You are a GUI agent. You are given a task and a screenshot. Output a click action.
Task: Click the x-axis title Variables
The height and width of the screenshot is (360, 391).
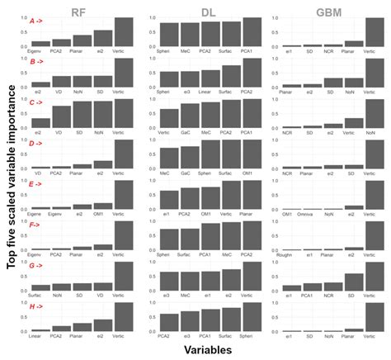coord(197,350)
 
